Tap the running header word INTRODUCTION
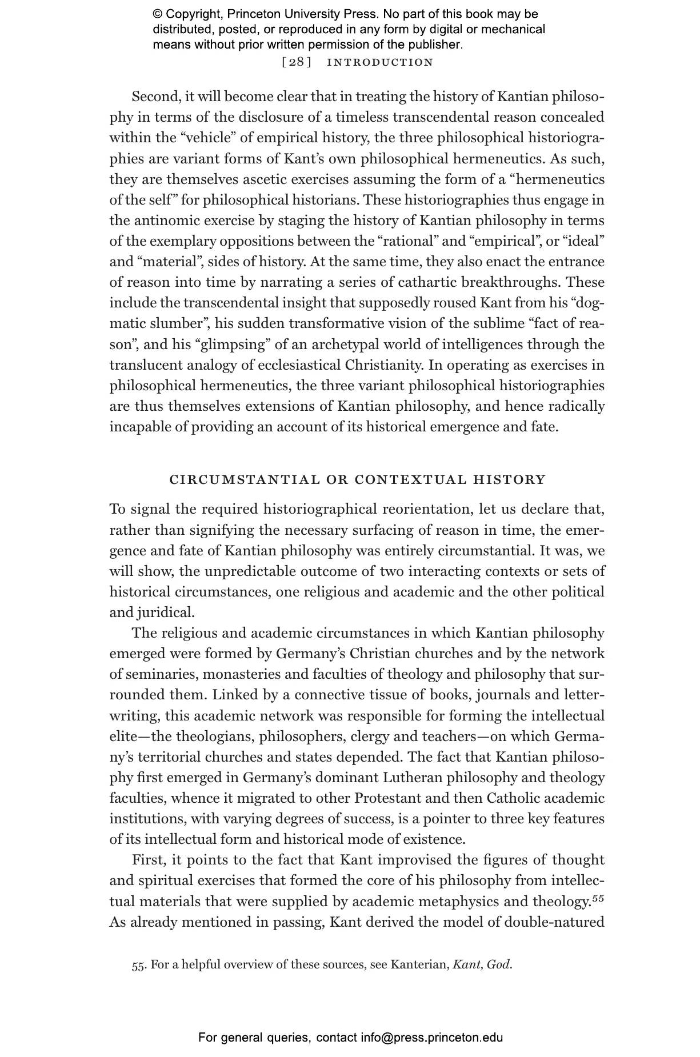click(x=380, y=62)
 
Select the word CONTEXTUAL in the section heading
click(x=411, y=479)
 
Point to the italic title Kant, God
click(x=481, y=965)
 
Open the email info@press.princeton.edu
click(x=431, y=1037)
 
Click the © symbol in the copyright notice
click(x=158, y=14)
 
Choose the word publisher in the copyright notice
click(x=435, y=44)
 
